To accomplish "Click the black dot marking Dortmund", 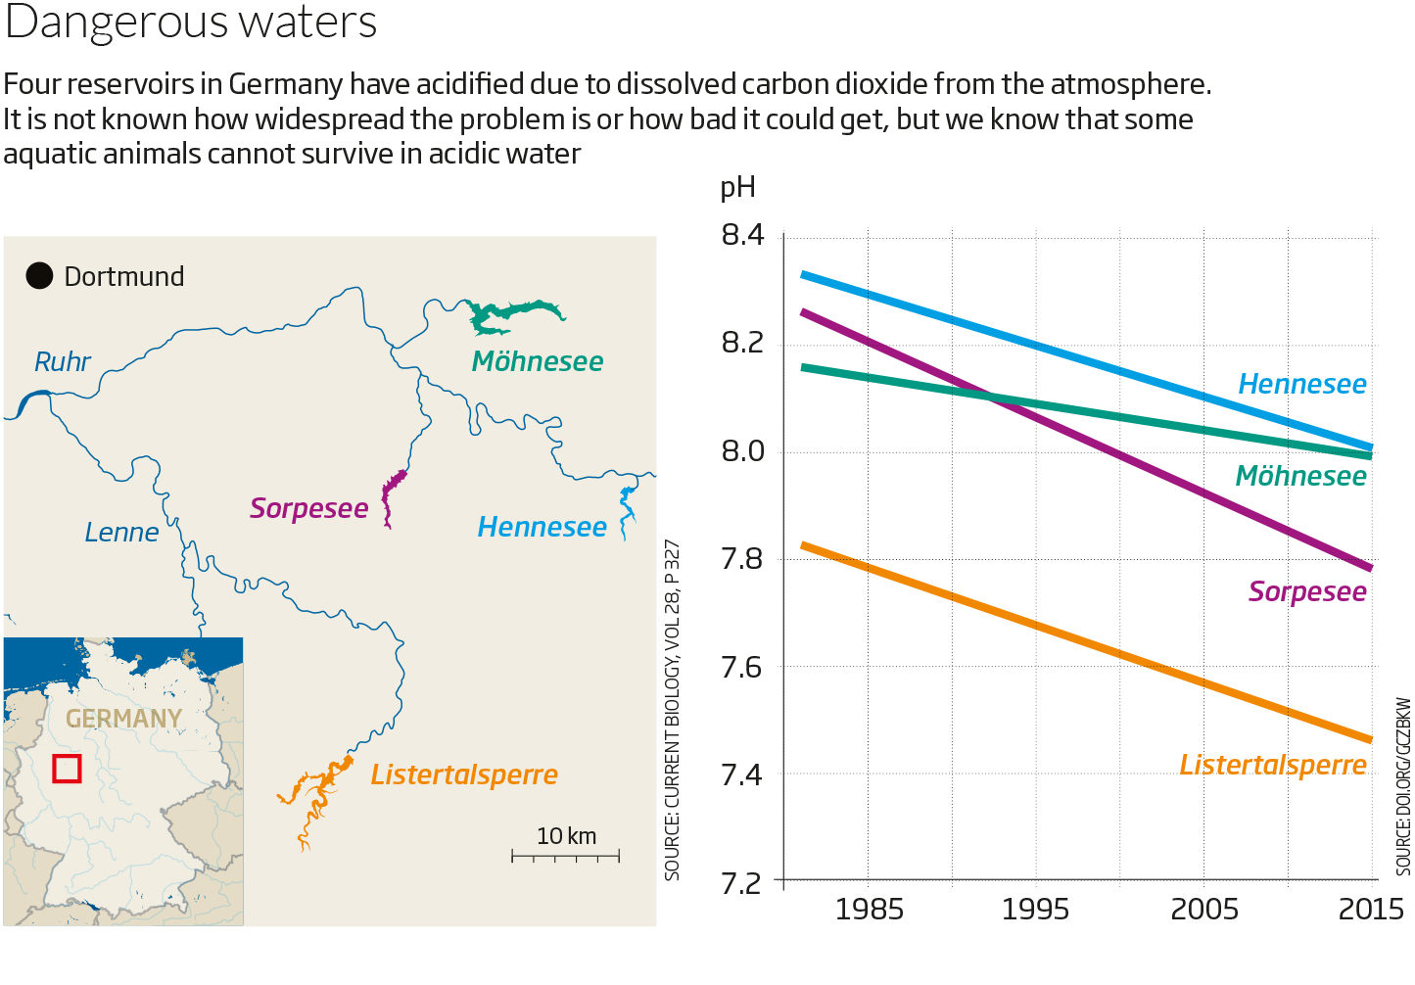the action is (39, 276).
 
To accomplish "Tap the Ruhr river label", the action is (62, 362).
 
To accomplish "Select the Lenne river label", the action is (121, 533).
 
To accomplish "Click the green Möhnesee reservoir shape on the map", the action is (512, 316).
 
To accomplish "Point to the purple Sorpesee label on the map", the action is (308, 508).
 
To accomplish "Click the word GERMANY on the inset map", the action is (123, 719).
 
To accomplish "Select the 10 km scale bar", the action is (565, 857).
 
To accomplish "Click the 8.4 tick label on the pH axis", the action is (742, 235).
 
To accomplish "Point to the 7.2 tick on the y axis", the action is (742, 883).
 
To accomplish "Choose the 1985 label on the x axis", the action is (869, 910).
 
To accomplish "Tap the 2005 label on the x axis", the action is (1204, 910).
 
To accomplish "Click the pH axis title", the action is (737, 188).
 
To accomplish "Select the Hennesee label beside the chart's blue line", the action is (1302, 384).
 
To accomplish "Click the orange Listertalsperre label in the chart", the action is (1273, 765).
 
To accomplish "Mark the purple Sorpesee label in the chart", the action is (1307, 592).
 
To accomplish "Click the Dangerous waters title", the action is (191, 23).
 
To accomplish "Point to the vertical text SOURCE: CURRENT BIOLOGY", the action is (672, 711).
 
